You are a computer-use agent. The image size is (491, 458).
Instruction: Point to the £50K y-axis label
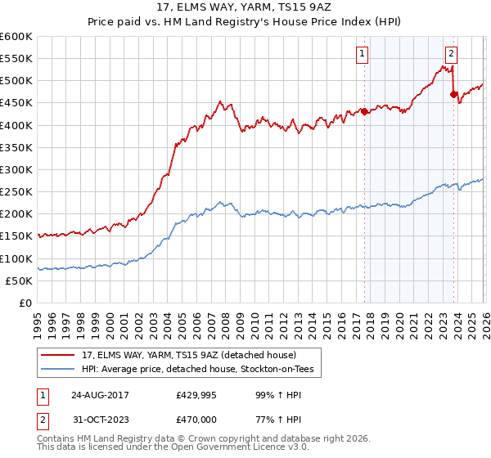click(19, 281)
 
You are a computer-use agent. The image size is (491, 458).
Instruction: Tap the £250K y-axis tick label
click(16, 191)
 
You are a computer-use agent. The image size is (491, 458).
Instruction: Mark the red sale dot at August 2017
click(363, 112)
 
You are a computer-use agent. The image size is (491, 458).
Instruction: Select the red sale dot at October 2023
click(453, 94)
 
